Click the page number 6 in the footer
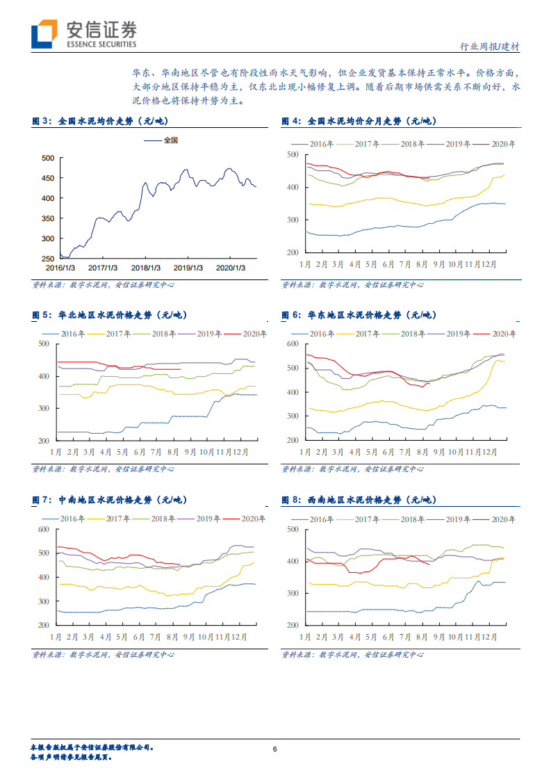pos(275,749)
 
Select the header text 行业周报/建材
pos(490,47)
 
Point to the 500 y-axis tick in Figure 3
pos(48,159)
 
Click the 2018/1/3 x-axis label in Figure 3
pos(146,267)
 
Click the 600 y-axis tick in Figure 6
pos(293,344)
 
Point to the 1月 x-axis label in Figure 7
pos(56,636)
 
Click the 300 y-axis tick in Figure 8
pos(293,593)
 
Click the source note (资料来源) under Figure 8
pos(352,654)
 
